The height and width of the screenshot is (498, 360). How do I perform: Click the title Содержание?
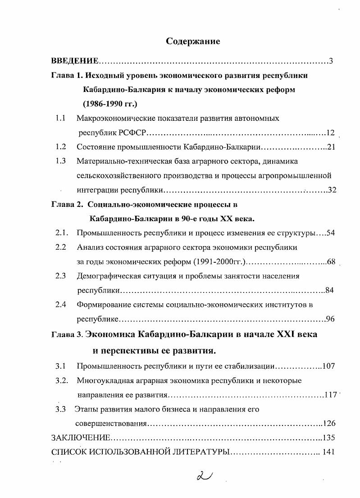coord(193,41)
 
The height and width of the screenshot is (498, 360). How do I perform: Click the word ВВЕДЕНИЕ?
coord(74,61)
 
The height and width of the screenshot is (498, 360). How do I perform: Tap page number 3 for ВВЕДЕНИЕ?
coord(331,61)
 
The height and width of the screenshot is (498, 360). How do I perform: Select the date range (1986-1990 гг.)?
coord(110,104)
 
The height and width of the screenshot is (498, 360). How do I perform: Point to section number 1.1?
coord(61,119)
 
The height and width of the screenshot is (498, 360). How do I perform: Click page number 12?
coord(330,132)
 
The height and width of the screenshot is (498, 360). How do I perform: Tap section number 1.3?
coord(61,161)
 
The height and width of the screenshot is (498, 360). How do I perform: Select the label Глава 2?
coord(67,204)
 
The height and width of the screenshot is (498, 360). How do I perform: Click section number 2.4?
coord(61,305)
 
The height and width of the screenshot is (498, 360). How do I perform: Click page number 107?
coord(329,366)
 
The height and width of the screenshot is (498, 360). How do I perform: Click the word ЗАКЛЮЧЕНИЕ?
coord(81,438)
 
